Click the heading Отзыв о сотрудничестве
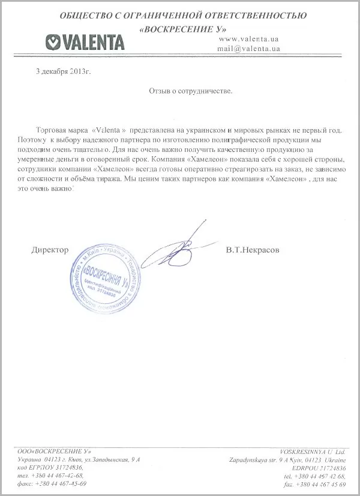189,93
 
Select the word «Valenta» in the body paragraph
108,129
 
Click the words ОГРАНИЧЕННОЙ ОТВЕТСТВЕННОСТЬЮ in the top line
223,14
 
